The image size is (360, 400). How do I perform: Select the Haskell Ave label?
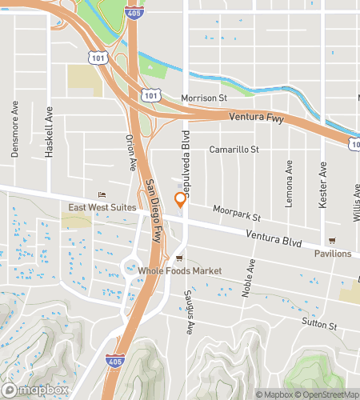(x=49, y=131)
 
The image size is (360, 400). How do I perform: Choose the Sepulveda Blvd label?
(x=186, y=158)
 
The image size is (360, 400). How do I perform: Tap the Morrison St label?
(x=204, y=98)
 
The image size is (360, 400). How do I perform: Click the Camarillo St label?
(x=234, y=149)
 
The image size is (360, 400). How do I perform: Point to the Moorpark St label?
(x=238, y=213)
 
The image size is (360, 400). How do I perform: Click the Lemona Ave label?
(x=288, y=178)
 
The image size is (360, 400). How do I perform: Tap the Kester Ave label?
(x=323, y=185)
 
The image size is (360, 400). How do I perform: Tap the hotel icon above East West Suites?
(x=101, y=196)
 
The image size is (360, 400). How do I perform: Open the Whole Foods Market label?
(x=180, y=271)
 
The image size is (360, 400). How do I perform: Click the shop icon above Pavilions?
(x=331, y=242)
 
